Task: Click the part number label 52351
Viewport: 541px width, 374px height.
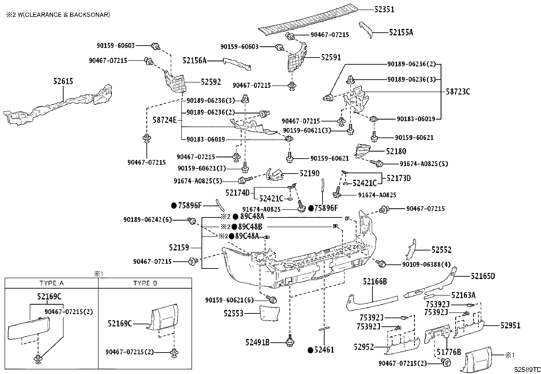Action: (x=384, y=9)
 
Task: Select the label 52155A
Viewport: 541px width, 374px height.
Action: (x=401, y=32)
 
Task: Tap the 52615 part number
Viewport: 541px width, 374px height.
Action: (x=63, y=81)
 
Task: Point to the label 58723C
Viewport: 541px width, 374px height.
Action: (x=458, y=92)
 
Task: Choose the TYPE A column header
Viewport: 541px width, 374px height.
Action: (x=51, y=283)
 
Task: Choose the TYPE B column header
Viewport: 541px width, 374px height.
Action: (x=145, y=283)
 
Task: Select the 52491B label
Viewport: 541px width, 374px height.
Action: (x=257, y=342)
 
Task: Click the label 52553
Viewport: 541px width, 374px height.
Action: (x=233, y=313)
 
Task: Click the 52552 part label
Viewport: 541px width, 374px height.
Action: (x=441, y=250)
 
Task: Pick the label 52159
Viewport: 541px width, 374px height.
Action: (x=179, y=248)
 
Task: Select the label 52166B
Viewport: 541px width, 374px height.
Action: (x=375, y=281)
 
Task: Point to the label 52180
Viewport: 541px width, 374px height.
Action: (x=396, y=151)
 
